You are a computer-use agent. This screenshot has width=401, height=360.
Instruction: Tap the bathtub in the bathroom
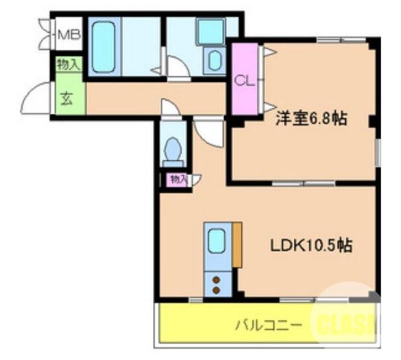coord(104,46)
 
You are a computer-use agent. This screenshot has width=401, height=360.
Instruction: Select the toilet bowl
coord(173,148)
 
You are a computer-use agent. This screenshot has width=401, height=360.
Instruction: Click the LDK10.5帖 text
coord(311,245)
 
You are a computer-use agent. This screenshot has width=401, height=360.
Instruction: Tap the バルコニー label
coord(270,325)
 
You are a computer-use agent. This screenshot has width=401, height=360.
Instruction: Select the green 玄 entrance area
coord(67,99)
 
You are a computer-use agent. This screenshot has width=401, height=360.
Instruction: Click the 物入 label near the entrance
coord(68,65)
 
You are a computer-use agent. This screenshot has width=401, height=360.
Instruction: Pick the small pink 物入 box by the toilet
coord(177,178)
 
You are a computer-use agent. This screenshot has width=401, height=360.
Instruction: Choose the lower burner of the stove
coord(217,290)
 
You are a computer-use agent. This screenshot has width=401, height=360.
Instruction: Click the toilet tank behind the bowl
coord(173,162)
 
